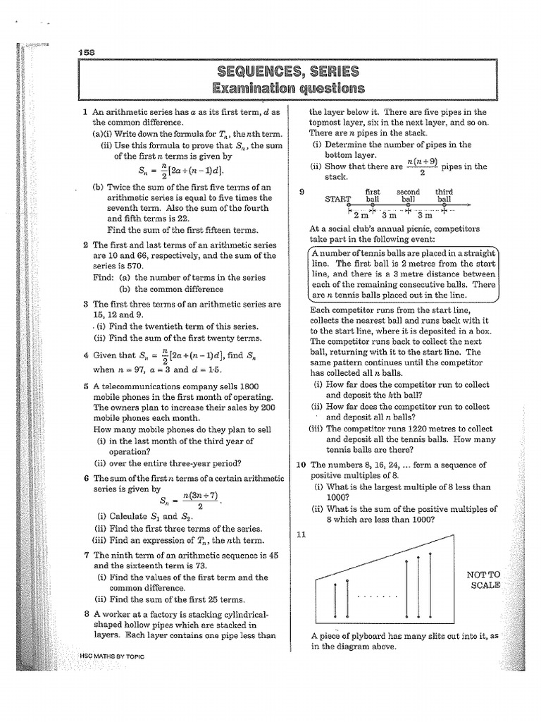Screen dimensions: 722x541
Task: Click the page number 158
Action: point(88,51)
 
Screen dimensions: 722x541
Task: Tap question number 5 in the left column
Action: point(85,386)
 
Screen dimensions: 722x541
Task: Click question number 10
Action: point(301,465)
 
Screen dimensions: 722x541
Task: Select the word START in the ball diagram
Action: point(337,199)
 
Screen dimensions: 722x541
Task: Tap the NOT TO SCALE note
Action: point(484,580)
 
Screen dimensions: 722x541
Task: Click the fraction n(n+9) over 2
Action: point(421,166)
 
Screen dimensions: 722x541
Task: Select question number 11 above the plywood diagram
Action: point(301,534)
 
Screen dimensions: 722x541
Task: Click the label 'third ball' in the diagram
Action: point(444,195)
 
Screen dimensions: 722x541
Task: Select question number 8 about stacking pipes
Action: point(85,613)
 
